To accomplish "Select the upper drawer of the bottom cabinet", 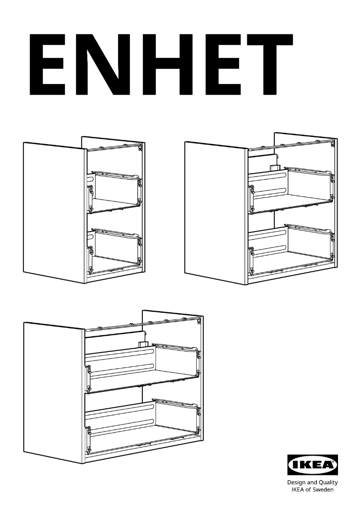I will [x=144, y=366].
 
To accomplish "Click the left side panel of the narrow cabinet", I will [x=54, y=211].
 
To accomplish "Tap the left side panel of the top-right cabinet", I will [x=215, y=211].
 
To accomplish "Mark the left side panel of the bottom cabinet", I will [x=54, y=391].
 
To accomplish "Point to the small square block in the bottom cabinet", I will [x=142, y=345].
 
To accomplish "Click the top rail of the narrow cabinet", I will [x=114, y=148].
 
